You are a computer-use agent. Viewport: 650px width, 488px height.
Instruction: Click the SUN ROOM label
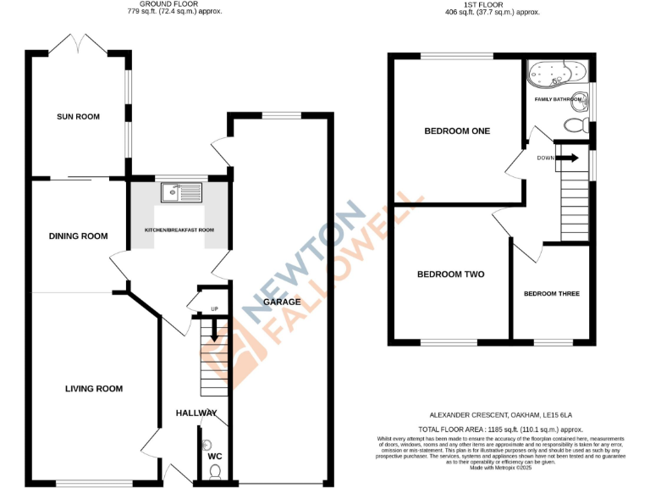78,116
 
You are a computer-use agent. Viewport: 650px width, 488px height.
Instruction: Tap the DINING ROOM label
78,236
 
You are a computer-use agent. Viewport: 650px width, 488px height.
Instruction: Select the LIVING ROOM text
94,389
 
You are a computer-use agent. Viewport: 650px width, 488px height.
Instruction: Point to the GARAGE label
282,302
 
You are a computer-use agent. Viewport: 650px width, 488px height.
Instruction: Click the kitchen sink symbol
182,193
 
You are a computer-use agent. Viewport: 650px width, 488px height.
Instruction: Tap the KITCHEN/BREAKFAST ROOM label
179,230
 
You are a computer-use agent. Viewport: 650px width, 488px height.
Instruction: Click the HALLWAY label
196,413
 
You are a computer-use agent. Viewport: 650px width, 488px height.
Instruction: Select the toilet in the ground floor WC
214,469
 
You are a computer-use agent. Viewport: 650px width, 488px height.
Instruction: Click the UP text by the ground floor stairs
202,308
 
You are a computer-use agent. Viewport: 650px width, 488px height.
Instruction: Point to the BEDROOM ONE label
457,130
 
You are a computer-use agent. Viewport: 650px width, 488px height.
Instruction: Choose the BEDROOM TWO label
450,274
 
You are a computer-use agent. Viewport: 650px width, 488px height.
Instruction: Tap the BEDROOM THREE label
551,293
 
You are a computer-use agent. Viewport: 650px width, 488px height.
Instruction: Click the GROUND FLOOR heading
169,4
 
